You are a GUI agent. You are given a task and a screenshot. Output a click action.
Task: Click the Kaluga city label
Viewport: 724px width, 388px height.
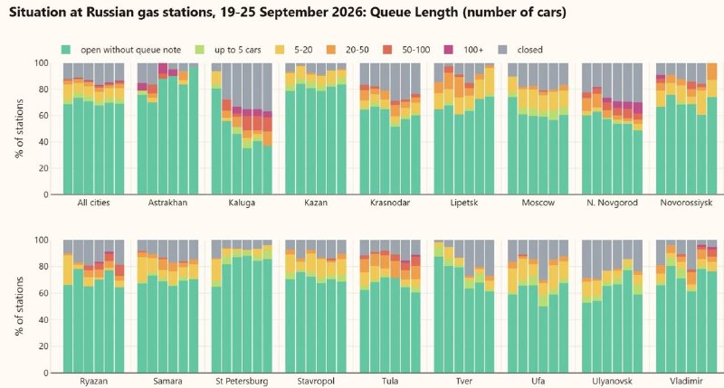[x=242, y=203]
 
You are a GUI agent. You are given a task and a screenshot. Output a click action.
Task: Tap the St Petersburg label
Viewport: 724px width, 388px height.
[x=242, y=381]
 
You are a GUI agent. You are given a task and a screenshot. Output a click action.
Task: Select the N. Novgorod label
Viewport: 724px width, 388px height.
[x=612, y=203]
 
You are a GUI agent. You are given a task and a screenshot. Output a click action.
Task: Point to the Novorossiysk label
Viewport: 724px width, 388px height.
[x=686, y=203]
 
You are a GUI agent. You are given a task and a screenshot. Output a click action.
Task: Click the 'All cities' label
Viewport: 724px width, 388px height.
[x=94, y=203]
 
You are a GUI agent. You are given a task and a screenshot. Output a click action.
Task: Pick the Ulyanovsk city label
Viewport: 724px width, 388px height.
[x=612, y=381]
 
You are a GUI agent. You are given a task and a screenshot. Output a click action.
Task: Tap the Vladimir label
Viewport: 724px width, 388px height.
[x=686, y=381]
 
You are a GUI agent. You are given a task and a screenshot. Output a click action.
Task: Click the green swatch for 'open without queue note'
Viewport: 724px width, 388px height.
[x=66, y=50]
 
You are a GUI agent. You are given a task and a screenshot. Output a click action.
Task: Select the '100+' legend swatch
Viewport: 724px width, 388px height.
[x=448, y=50]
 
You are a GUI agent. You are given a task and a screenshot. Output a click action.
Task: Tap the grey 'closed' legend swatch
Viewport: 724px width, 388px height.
[x=503, y=50]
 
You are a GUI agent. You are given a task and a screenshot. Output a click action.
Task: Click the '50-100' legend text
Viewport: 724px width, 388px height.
[x=416, y=50]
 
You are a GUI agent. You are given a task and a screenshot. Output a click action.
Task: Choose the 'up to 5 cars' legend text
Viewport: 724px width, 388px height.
[x=238, y=50]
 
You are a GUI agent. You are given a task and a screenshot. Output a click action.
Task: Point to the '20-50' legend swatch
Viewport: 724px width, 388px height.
[x=331, y=50]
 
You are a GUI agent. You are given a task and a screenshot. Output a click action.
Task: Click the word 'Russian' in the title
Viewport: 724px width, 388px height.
[x=109, y=12]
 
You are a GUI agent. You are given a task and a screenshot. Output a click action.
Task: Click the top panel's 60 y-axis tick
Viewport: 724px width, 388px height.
[x=43, y=116]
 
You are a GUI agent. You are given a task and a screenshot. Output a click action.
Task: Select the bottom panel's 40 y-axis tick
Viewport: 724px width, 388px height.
[x=43, y=320]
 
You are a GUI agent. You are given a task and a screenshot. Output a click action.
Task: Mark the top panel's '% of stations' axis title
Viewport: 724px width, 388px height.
[x=19, y=128]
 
